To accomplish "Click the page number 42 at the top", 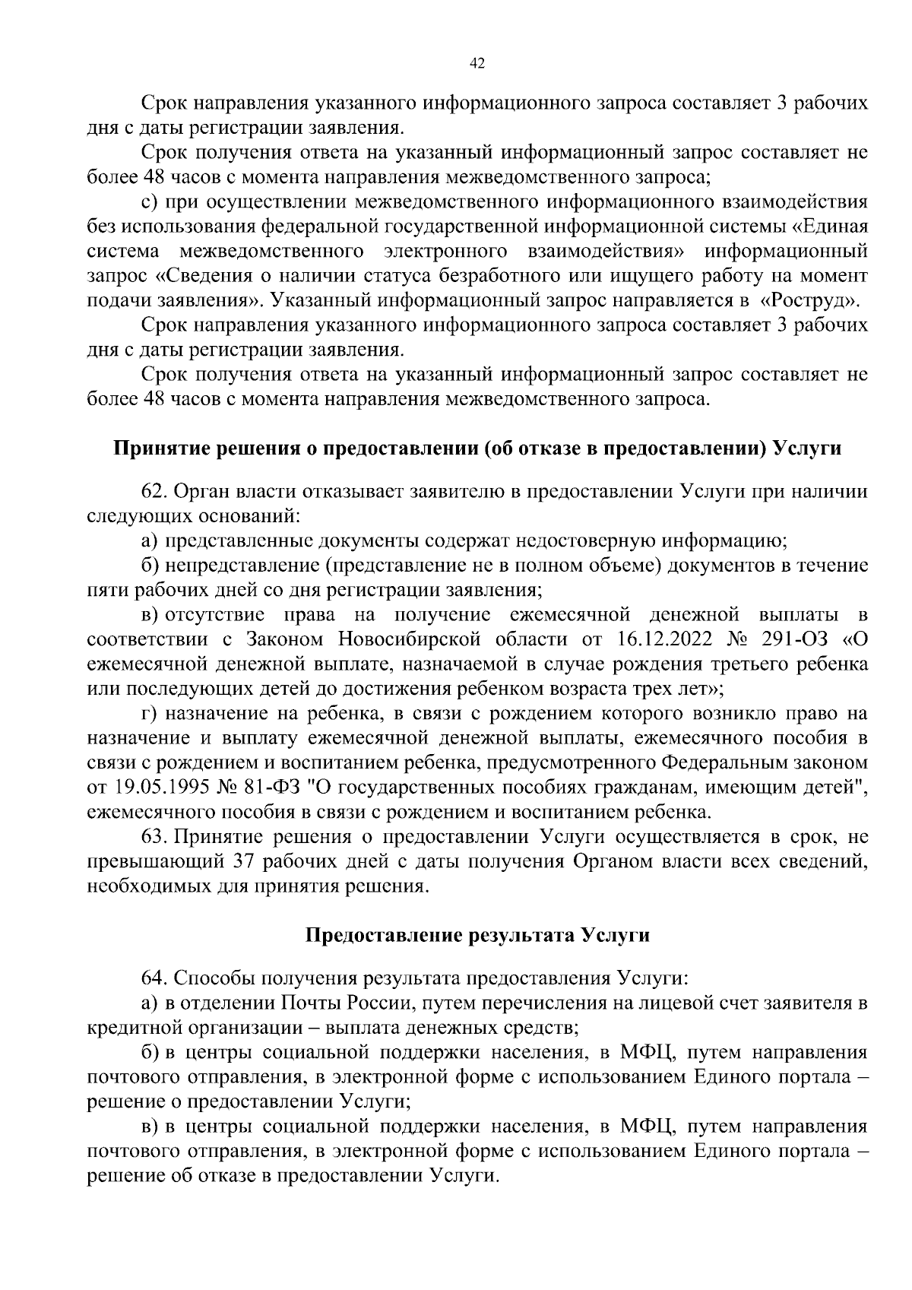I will coord(477,64).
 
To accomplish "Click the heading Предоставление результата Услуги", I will coord(477,935).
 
